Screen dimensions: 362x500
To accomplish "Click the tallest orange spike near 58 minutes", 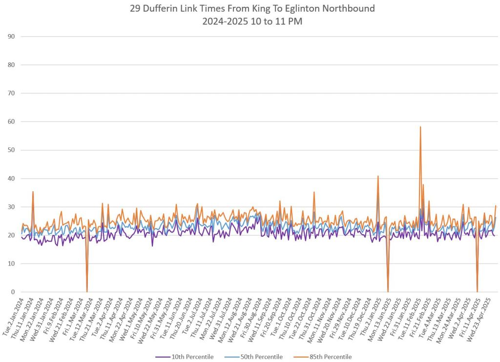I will click(x=420, y=127).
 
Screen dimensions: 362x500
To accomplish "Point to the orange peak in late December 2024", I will click(x=378, y=177).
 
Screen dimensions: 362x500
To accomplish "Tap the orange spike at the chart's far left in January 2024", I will click(x=33, y=192).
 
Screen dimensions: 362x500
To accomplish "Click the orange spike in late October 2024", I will click(x=314, y=192).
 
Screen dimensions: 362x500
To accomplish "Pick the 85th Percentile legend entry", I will click(x=330, y=357).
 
